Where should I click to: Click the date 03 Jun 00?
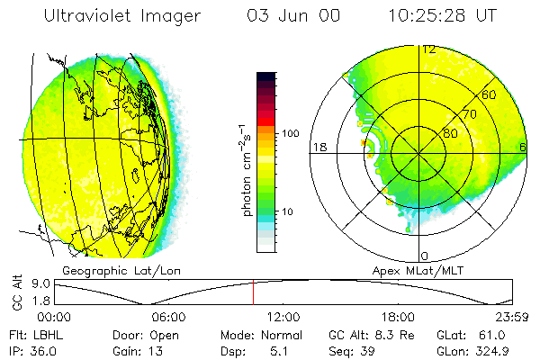click(285, 16)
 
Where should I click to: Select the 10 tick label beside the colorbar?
click(290, 211)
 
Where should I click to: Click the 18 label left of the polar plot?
click(319, 147)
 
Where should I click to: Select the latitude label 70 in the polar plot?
click(470, 114)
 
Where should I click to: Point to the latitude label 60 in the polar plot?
click(490, 94)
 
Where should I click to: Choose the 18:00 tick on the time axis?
click(398, 317)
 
